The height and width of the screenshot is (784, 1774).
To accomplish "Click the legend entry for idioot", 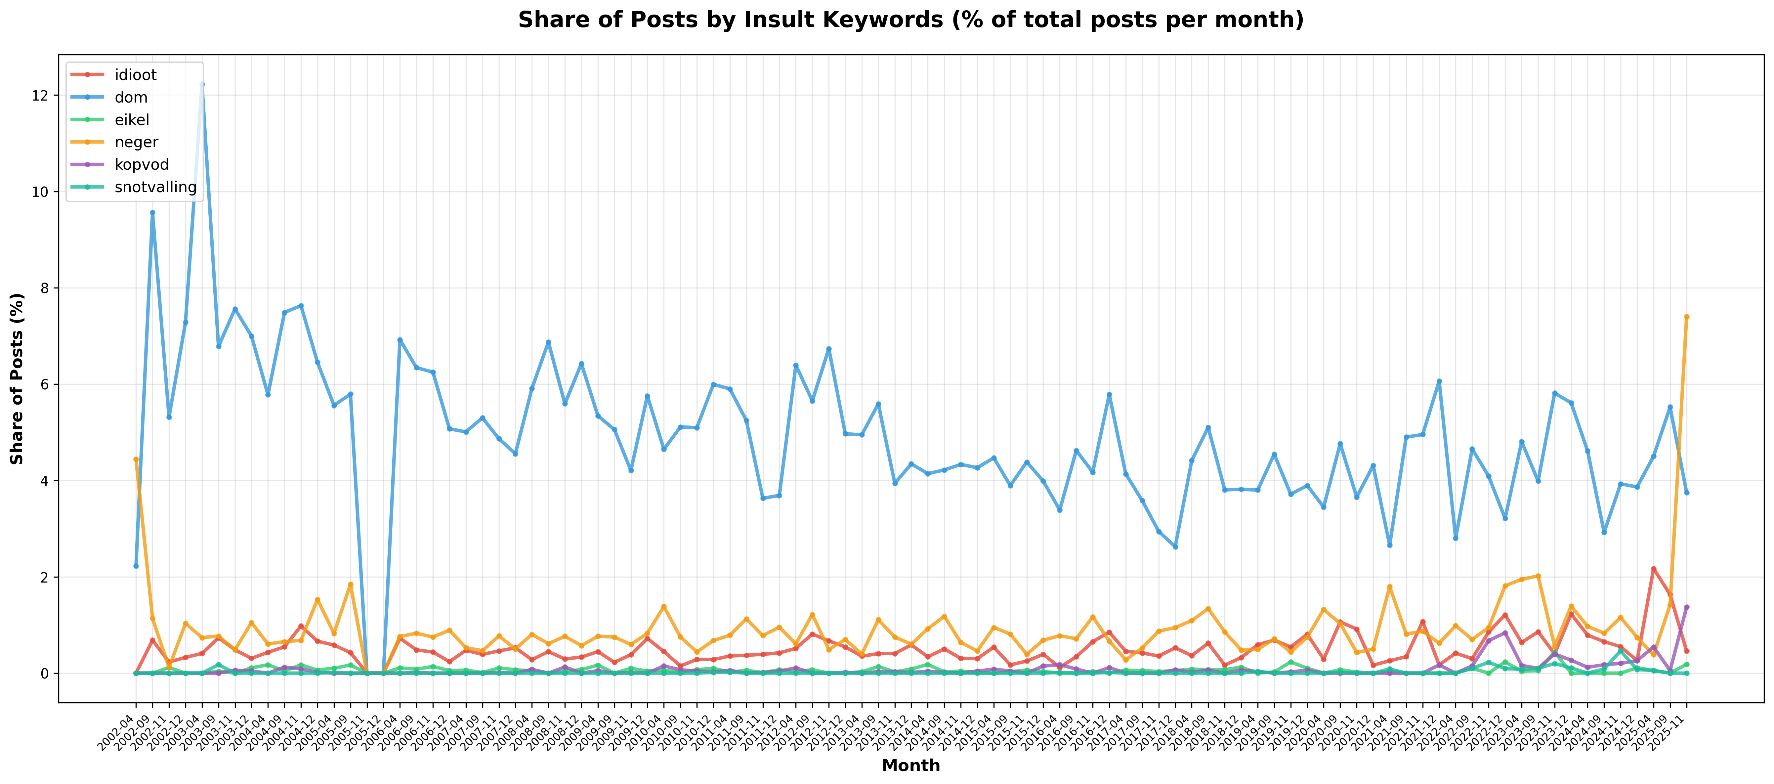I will click(135, 75).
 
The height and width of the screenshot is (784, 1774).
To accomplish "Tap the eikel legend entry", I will click(132, 120).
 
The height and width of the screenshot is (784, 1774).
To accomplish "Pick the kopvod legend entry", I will click(141, 165).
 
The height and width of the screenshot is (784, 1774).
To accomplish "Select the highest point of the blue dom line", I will click(202, 84).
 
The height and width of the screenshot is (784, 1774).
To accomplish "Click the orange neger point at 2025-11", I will click(1687, 317).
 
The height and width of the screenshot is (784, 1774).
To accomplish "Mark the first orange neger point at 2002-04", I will click(136, 459).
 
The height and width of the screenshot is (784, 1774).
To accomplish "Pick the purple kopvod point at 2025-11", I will click(1687, 607).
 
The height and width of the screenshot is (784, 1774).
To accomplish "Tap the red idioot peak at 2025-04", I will click(1654, 569).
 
